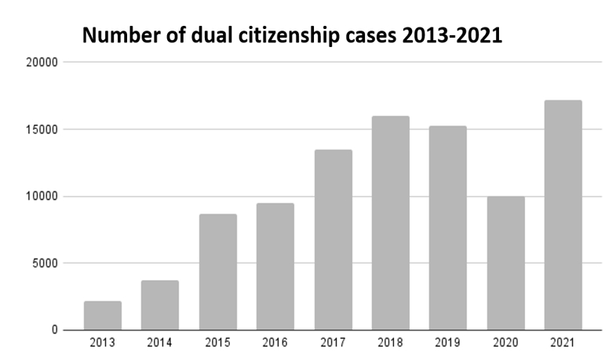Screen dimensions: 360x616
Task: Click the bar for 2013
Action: click(103, 315)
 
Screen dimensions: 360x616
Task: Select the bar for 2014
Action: click(160, 305)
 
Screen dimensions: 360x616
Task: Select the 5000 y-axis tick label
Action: click(44, 264)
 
